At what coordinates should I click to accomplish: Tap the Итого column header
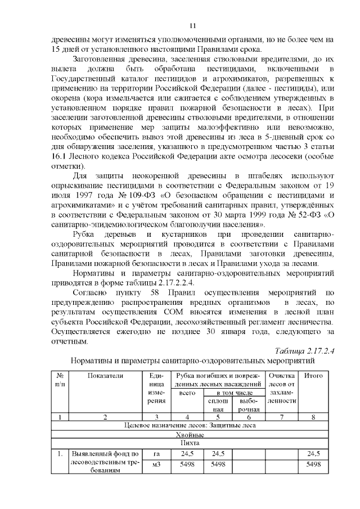[x=313, y=375]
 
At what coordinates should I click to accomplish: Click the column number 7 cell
[x=282, y=417]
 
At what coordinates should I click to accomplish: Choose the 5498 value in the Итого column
[x=313, y=465]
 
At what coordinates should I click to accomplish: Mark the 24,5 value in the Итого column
[x=313, y=453]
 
